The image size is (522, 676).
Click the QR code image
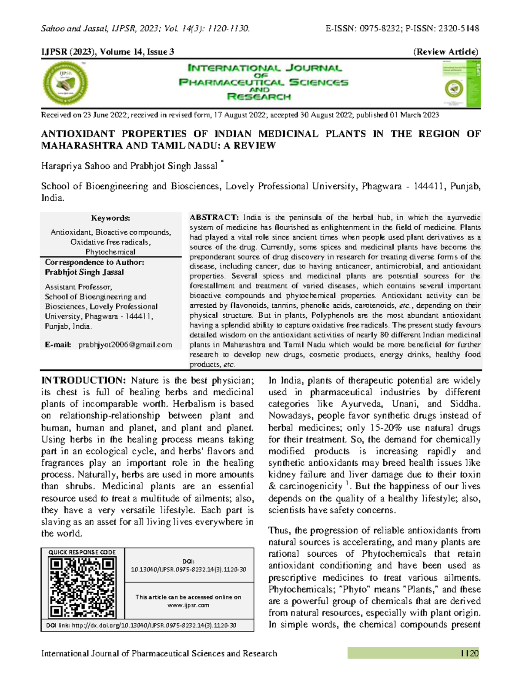pos(82,588)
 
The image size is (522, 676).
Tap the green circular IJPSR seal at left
pos(66,83)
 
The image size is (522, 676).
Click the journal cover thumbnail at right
pos(461,84)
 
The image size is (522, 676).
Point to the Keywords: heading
pos(110,218)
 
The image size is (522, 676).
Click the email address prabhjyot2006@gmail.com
pos(125,345)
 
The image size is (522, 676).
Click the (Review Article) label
pos(446,52)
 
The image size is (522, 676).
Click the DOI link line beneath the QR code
pos(141,626)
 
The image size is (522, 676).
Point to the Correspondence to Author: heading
pos(94,262)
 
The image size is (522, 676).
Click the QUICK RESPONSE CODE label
pos(82,552)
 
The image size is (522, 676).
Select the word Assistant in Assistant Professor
pos(60,287)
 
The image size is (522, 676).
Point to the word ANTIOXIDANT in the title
pos(77,134)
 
